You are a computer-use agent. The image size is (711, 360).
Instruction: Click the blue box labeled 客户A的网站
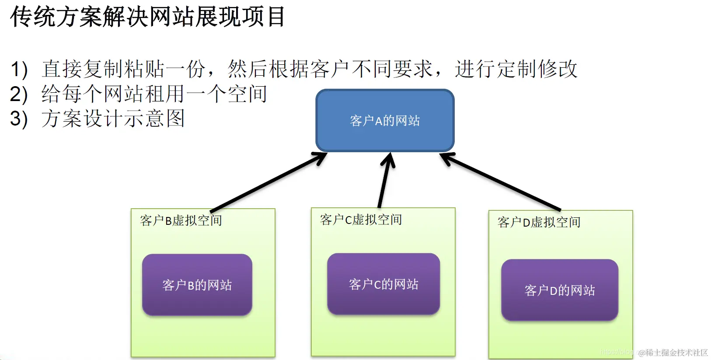385,121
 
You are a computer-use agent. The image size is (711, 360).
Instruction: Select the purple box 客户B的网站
197,285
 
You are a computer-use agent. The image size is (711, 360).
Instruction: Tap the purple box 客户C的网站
383,284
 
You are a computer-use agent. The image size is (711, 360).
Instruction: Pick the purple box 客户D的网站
559,290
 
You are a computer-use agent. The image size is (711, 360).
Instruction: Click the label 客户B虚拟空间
181,220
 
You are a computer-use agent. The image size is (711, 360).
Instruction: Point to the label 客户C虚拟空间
361,220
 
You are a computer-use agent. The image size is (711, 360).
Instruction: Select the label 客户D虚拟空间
539,222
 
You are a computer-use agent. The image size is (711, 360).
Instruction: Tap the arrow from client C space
384,180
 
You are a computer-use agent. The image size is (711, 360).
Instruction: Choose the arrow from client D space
501,182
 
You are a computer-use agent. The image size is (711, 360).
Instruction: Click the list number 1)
19,70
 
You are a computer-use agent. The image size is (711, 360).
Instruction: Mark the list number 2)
19,94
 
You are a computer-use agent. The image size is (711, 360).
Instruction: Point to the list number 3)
19,119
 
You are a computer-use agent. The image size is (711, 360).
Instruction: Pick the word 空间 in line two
247,94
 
